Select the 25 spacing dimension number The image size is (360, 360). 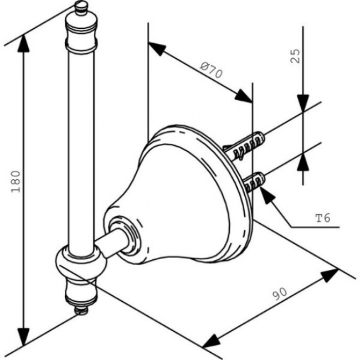click(296, 56)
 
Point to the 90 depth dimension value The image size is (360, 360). click(280, 295)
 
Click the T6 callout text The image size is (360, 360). click(322, 218)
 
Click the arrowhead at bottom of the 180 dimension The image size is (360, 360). click(24, 336)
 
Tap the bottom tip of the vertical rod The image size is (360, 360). click(81, 311)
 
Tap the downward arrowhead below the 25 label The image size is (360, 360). click(302, 103)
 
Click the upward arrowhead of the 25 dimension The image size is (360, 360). click(302, 162)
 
